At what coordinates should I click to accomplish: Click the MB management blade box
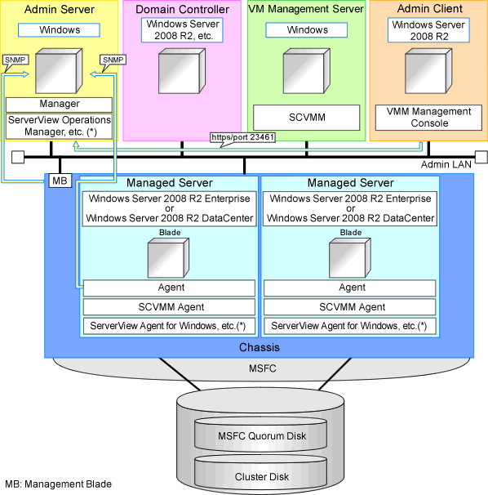(x=60, y=181)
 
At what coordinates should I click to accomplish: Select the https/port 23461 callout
(x=242, y=138)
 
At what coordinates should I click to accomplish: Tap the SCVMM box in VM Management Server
(x=307, y=118)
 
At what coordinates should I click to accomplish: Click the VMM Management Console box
(x=428, y=118)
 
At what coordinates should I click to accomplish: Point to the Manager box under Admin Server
(x=59, y=105)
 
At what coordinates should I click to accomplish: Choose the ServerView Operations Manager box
(x=59, y=127)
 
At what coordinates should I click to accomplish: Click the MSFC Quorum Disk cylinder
(x=261, y=435)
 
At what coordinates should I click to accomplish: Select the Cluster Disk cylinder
(x=261, y=474)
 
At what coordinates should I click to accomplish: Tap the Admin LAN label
(x=446, y=164)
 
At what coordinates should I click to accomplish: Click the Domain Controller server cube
(x=182, y=71)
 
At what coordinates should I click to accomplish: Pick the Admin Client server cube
(x=428, y=71)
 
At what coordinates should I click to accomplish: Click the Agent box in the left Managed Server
(x=169, y=288)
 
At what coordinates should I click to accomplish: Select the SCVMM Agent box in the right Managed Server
(x=350, y=307)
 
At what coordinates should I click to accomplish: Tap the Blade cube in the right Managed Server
(x=350, y=258)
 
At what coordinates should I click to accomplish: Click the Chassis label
(x=260, y=347)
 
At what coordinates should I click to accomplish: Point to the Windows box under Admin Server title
(x=59, y=30)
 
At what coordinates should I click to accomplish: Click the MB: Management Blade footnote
(x=59, y=484)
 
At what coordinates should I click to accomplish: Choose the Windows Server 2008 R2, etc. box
(x=182, y=30)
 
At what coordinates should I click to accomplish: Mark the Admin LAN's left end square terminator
(x=18, y=157)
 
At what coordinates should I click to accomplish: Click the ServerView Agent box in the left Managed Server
(x=169, y=326)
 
